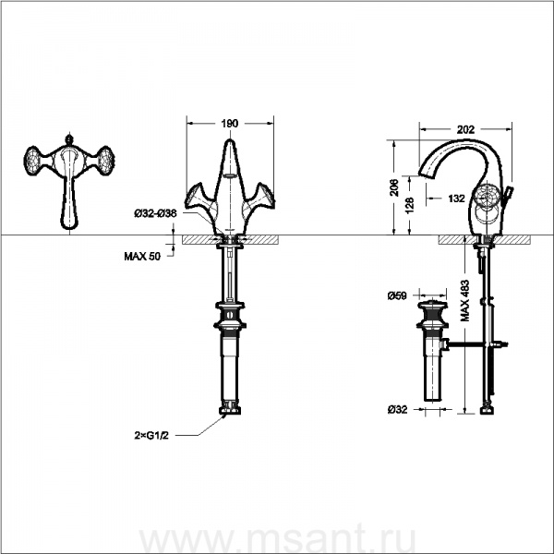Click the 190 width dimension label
coord(230,124)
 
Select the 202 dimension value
coord(465,129)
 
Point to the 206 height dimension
coord(394,187)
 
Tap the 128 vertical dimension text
coord(410,205)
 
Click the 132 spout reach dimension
coord(456,199)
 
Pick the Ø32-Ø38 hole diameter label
coord(155,213)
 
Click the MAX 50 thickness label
coord(142,256)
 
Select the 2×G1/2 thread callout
coord(151,436)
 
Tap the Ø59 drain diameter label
coord(397,295)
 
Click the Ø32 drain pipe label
coord(397,409)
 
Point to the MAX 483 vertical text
coord(465,300)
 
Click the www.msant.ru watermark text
coord(278,539)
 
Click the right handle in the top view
coord(105,161)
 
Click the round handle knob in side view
coord(487,195)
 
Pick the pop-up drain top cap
coord(432,305)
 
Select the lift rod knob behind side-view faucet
coord(509,193)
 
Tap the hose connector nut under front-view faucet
coord(230,409)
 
